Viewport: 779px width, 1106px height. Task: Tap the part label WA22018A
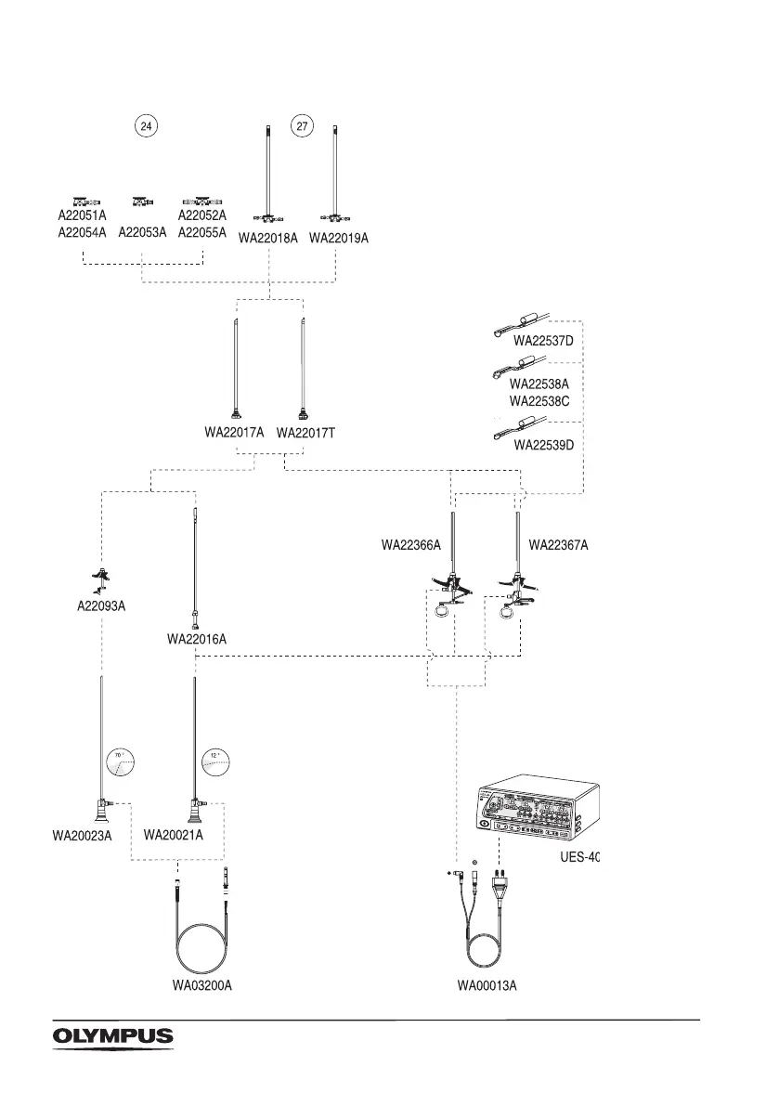tap(268, 239)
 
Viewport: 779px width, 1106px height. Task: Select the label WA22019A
tap(339, 239)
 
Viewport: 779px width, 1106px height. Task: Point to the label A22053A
tap(142, 233)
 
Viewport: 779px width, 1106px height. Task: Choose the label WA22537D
tap(544, 341)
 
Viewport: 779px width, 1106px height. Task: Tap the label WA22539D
tap(544, 444)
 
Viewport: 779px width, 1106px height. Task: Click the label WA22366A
tap(411, 546)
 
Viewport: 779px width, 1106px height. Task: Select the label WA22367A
tap(559, 546)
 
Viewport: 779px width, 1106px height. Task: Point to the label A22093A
tap(100, 606)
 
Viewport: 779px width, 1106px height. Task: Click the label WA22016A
tap(197, 639)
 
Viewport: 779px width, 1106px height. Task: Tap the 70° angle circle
tap(120, 761)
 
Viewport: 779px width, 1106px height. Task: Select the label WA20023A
tap(82, 836)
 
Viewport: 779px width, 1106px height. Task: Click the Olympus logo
tap(112, 1035)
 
